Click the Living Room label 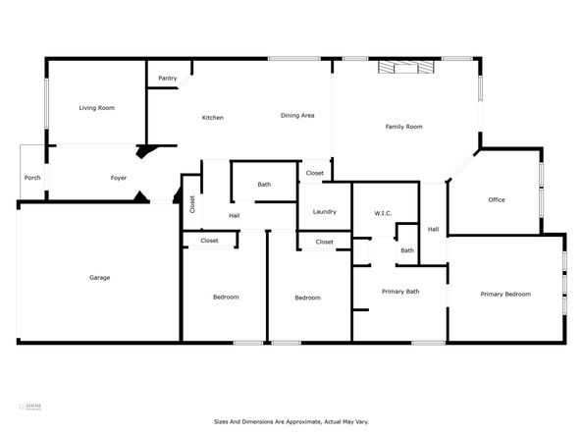click(x=98, y=108)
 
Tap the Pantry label click(x=166, y=79)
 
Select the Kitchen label click(x=213, y=118)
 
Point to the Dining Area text click(x=297, y=116)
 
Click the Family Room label click(x=403, y=127)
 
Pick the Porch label click(x=32, y=178)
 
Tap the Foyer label click(x=118, y=178)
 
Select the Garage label click(x=99, y=277)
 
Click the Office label click(x=497, y=199)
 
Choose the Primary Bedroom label click(x=504, y=294)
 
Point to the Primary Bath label click(x=400, y=291)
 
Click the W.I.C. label click(x=383, y=213)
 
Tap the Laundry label click(x=325, y=212)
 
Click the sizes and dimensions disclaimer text click(x=291, y=421)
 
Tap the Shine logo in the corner click(x=32, y=405)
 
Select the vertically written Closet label click(x=192, y=204)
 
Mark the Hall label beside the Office click(x=433, y=230)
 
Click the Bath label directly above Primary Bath click(x=407, y=250)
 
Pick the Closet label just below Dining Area click(x=315, y=173)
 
